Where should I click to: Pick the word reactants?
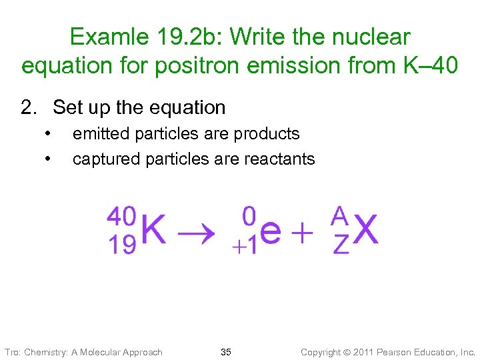coord(279,159)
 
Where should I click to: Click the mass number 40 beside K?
coord(121,215)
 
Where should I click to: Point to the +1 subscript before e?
coord(244,247)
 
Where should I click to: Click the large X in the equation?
coord(366,231)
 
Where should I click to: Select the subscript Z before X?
coord(340,245)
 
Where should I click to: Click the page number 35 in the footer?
coord(226,352)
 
